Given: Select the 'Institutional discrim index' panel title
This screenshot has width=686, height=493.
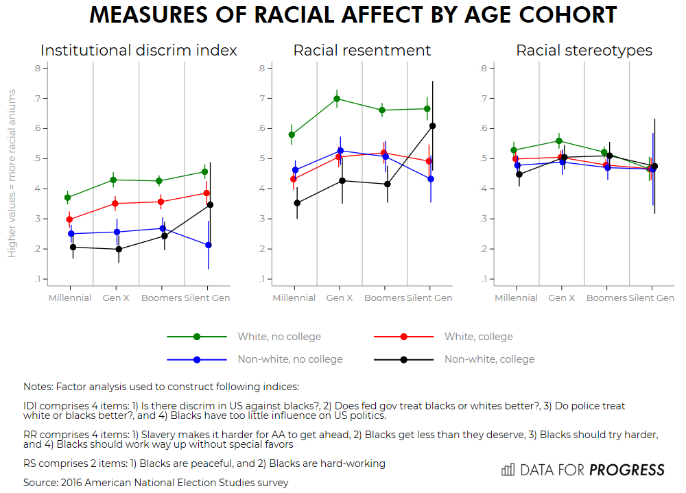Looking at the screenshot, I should click(x=139, y=51).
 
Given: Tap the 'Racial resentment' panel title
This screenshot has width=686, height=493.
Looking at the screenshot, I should click(x=362, y=51).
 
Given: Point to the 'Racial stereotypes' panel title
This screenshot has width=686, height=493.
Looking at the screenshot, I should click(x=584, y=51).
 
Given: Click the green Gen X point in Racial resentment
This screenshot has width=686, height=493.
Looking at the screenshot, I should click(x=337, y=99).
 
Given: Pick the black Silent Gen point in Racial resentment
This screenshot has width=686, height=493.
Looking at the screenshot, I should click(x=433, y=126).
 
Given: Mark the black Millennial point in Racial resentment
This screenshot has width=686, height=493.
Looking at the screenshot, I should click(x=297, y=203).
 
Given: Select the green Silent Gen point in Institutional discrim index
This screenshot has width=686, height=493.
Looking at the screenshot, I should click(x=204, y=172).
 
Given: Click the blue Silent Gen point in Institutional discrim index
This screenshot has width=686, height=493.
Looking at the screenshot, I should click(x=209, y=245).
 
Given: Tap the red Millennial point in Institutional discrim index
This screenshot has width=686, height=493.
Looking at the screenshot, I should click(x=69, y=219).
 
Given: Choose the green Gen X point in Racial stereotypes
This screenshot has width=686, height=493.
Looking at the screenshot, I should click(x=559, y=141).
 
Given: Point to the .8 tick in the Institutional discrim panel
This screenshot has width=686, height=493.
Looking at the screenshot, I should click(x=36, y=68).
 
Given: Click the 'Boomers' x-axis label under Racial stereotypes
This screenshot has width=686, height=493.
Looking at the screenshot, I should click(x=606, y=298).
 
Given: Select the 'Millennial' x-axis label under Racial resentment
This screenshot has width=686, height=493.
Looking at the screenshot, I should click(x=294, y=298).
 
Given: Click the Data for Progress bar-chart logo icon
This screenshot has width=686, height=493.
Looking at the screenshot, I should click(x=508, y=470).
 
